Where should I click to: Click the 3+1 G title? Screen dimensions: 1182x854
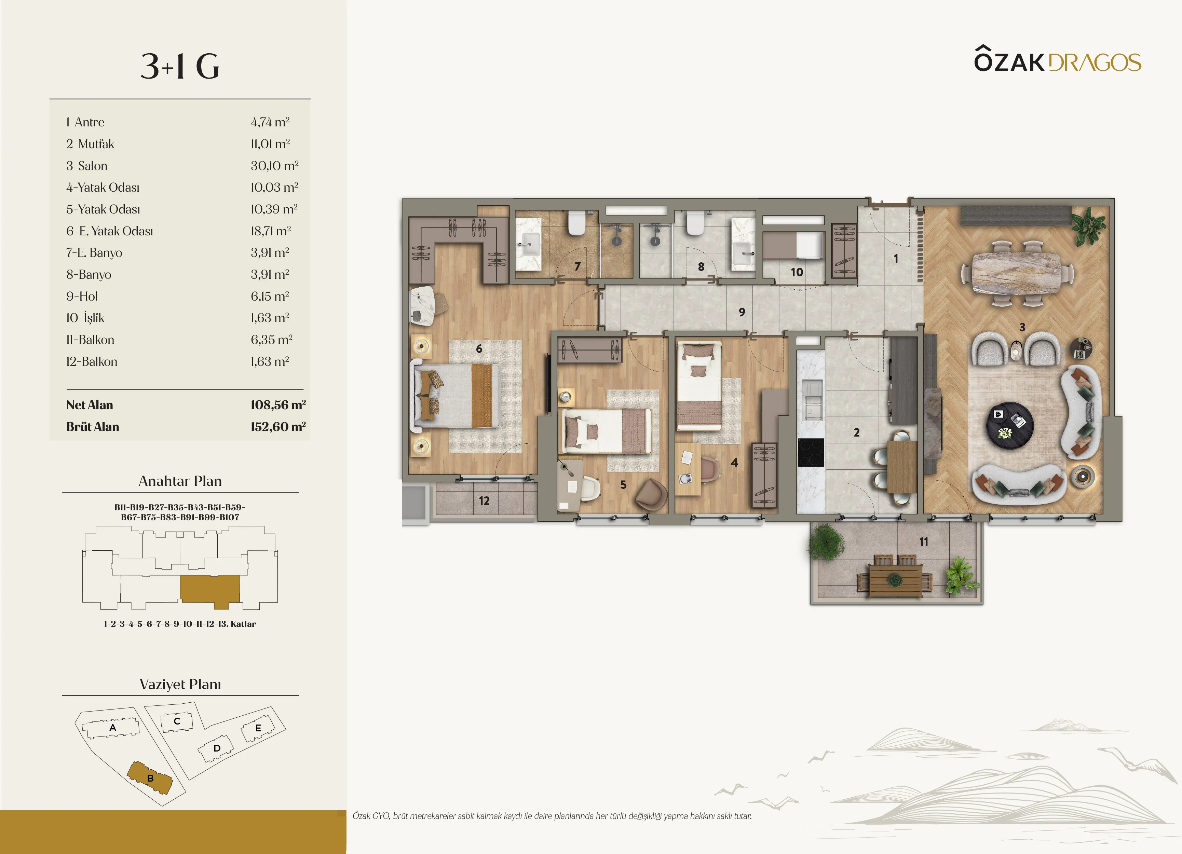(x=180, y=67)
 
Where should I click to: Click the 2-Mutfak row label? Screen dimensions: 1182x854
(x=90, y=144)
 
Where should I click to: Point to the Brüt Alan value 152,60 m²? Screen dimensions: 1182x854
(x=278, y=427)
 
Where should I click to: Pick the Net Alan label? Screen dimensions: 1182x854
(x=90, y=405)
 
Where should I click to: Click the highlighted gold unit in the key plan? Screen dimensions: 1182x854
(x=210, y=590)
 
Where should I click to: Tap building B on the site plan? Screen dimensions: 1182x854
(x=150, y=777)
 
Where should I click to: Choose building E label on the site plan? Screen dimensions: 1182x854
(x=258, y=728)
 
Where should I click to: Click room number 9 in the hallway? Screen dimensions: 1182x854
(x=742, y=312)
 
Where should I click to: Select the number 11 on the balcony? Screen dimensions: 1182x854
(x=924, y=542)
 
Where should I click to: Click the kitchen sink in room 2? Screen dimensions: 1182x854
(x=812, y=400)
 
